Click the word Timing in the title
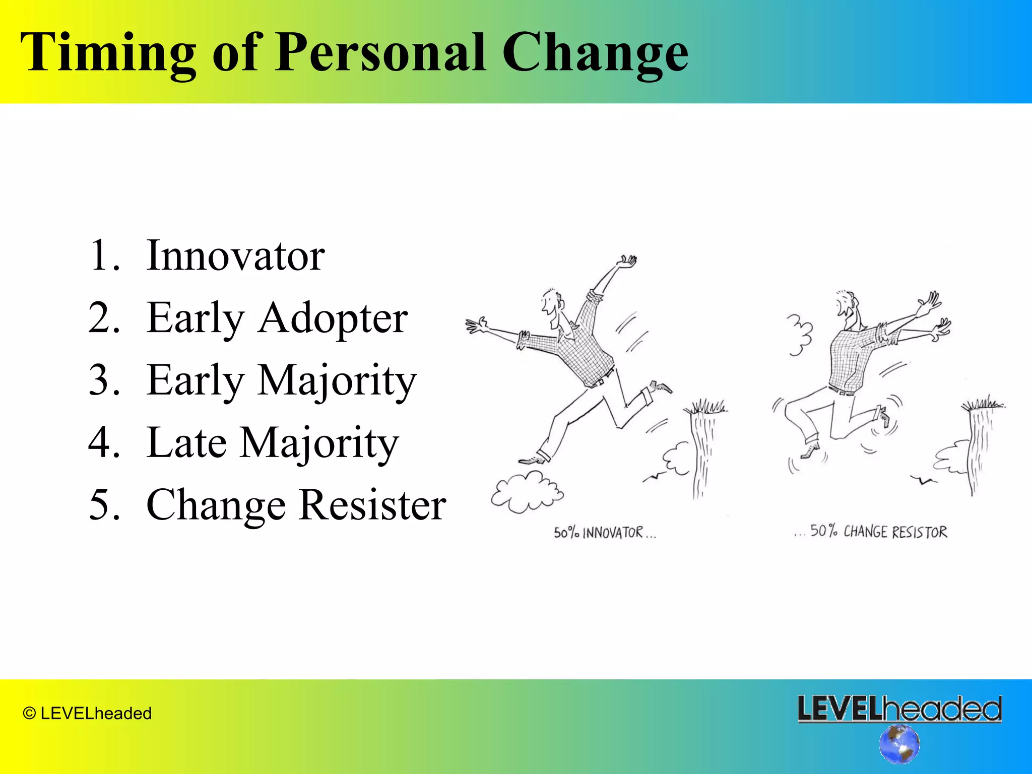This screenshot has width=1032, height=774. coord(108,53)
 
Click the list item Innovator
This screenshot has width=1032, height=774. coord(235,256)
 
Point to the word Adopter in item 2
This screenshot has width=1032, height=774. coord(333,318)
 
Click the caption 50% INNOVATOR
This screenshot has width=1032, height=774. coord(605,533)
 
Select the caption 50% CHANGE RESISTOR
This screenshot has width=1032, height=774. coord(872,532)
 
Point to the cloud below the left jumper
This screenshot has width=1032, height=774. coord(527,491)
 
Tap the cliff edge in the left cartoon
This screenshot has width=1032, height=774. coord(705,411)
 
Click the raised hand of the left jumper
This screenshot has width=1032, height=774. coord(627,262)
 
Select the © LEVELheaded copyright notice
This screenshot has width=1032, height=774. coord(87,714)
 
